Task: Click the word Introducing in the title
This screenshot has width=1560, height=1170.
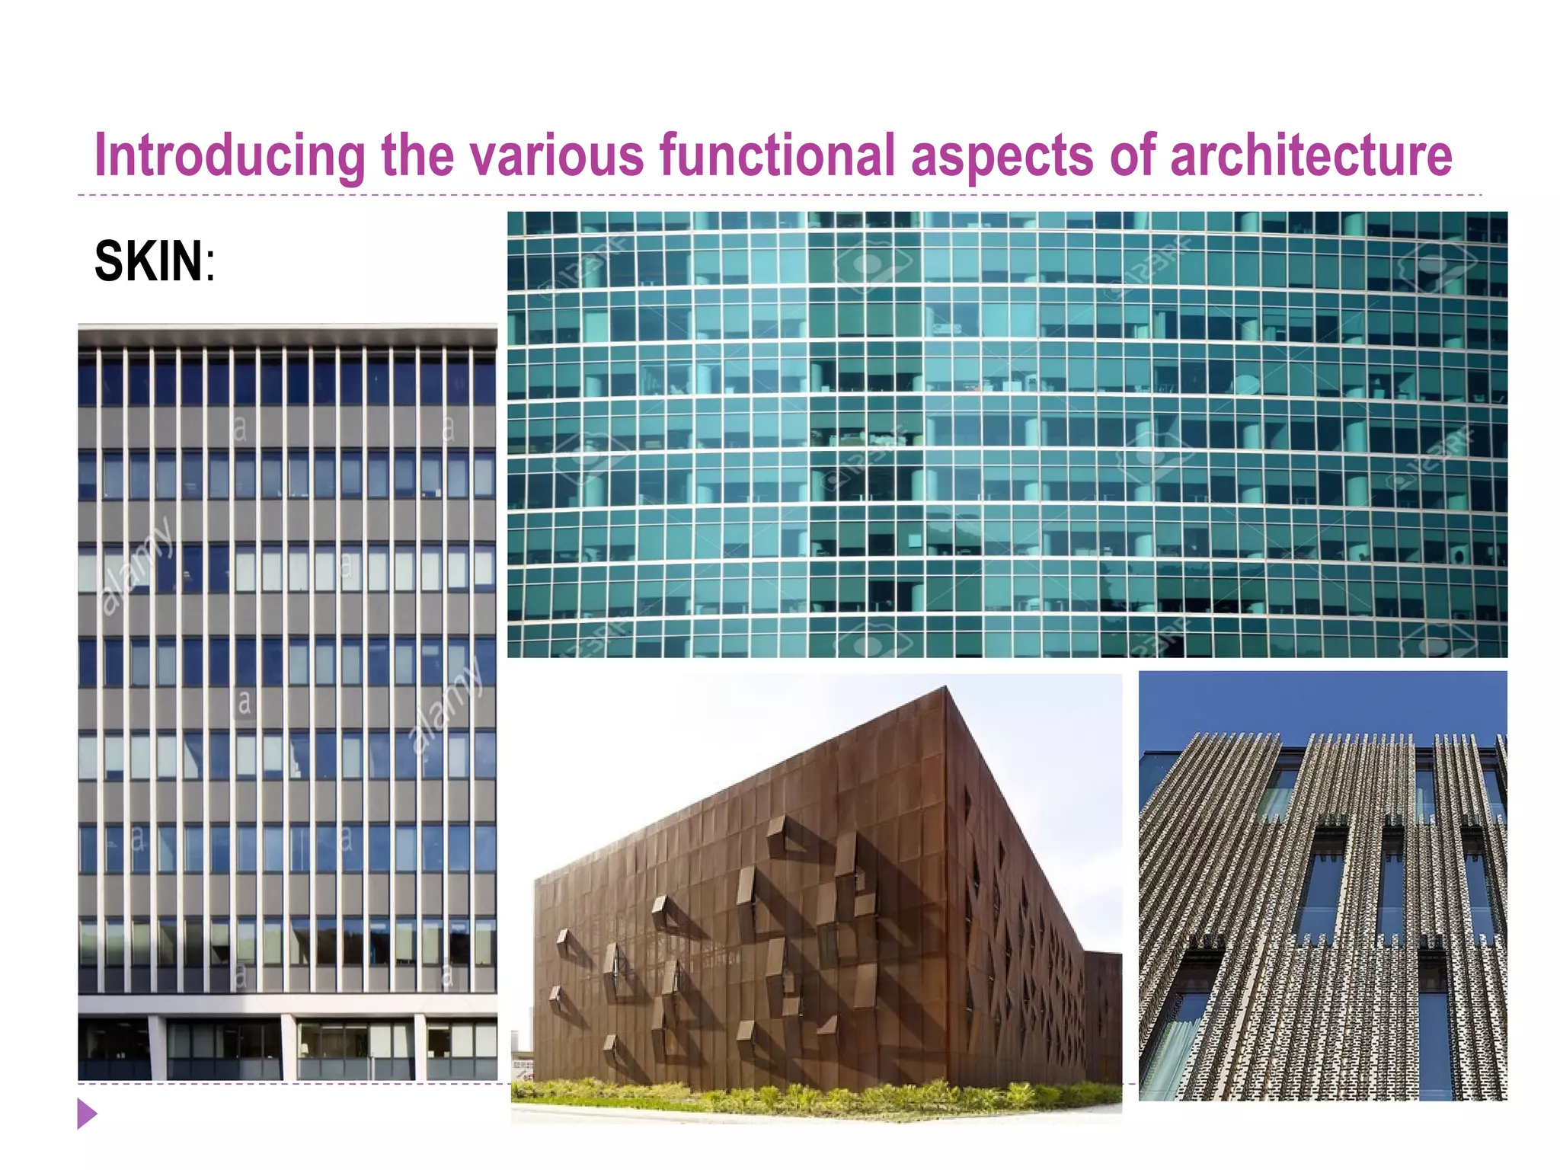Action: coord(229,156)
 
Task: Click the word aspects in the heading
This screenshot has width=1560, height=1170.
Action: coord(1002,156)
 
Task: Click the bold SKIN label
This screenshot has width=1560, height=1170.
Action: coord(149,261)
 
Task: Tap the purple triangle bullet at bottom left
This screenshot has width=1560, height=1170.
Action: coord(87,1114)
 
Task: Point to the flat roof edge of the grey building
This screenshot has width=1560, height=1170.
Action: coord(287,334)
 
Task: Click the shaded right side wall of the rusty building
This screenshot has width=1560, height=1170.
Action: coord(1021,914)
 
